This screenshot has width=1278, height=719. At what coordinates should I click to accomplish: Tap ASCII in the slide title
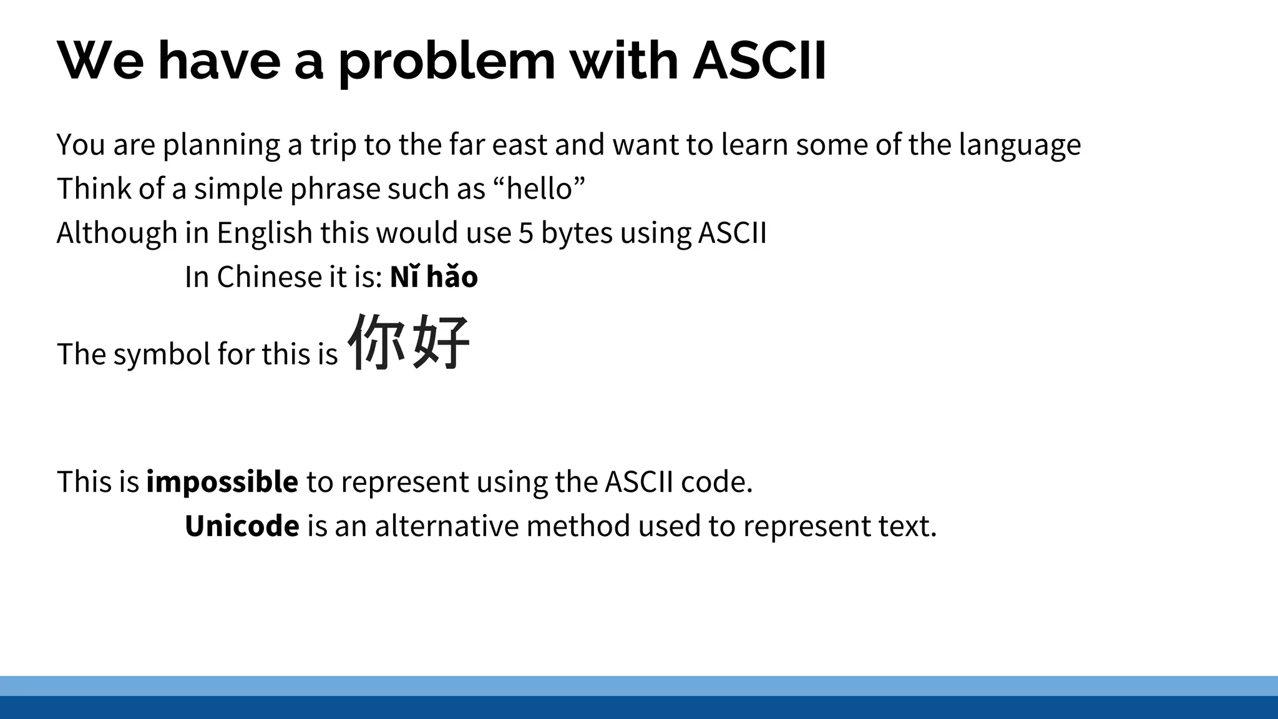point(759,61)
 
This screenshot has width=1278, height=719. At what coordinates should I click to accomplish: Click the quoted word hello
point(540,188)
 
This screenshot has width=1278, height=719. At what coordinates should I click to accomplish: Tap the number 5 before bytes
point(525,233)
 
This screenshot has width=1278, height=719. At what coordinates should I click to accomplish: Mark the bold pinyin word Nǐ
point(404,277)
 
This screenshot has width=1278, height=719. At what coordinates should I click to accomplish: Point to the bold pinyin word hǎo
point(452,277)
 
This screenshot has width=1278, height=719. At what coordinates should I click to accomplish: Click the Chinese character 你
point(377,342)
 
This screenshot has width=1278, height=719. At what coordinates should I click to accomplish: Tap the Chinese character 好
point(441,342)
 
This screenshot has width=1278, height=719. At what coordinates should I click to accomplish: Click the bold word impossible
point(222,482)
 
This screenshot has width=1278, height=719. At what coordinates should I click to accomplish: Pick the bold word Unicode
point(242,526)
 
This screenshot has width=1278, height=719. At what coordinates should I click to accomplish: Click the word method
point(578,526)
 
